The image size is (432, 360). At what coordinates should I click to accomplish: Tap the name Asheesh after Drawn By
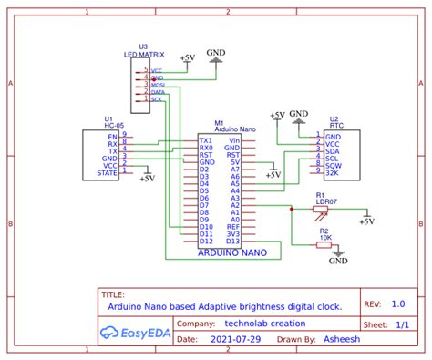345,338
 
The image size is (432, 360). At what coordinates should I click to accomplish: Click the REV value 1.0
397,304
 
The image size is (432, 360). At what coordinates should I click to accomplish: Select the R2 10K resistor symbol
324,243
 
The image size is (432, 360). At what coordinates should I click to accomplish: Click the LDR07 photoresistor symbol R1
320,209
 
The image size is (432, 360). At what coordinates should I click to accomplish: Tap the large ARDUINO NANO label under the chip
232,254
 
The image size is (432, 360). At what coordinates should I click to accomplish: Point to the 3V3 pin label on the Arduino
234,233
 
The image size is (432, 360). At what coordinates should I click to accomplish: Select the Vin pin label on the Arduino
234,141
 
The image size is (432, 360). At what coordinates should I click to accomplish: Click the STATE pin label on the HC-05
108,171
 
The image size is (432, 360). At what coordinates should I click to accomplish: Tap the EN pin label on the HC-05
112,137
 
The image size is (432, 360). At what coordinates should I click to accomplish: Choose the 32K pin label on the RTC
333,172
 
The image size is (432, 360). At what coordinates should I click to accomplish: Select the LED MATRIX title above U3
142,55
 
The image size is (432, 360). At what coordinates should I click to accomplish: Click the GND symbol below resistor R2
339,255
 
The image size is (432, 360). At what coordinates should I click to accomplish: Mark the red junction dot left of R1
291,209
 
